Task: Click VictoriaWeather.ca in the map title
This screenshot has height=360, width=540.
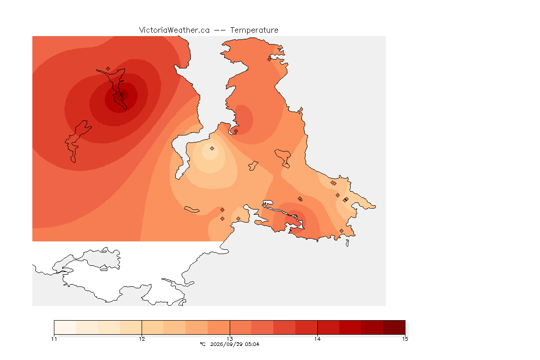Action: click(x=174, y=30)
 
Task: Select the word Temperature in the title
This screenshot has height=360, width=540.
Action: click(x=254, y=30)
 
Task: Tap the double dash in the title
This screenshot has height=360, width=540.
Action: click(x=220, y=30)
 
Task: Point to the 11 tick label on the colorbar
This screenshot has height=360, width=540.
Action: click(x=54, y=339)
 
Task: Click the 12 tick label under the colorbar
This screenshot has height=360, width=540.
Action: click(x=142, y=339)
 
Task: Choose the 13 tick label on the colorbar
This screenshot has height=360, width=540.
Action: click(x=230, y=339)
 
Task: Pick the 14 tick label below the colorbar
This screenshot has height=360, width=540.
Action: click(x=317, y=339)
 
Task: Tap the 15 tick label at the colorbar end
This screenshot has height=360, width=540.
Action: click(x=405, y=339)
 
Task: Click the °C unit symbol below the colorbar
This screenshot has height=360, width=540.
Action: click(x=203, y=344)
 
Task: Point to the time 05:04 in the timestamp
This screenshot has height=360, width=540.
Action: click(x=252, y=344)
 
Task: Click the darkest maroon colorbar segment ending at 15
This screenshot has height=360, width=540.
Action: click(x=394, y=327)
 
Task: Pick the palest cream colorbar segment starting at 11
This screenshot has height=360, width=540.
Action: click(x=65, y=327)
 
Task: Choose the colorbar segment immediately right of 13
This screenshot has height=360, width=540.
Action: click(x=241, y=327)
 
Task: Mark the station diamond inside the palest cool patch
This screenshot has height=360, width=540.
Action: click(x=212, y=149)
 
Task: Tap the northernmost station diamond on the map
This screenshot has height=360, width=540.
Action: click(x=270, y=59)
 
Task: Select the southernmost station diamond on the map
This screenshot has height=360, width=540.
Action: click(x=341, y=231)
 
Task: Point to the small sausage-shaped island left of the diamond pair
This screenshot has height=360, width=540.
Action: click(x=192, y=210)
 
